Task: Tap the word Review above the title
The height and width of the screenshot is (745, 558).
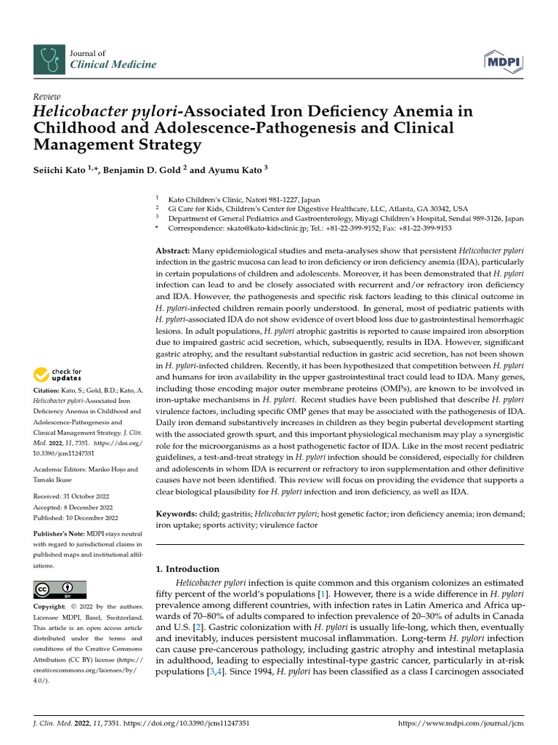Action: tap(47, 97)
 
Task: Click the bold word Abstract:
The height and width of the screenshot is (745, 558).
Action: tap(173, 250)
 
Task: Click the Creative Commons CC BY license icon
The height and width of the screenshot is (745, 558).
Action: tap(60, 589)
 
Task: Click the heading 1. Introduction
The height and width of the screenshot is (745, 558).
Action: tap(187, 569)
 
